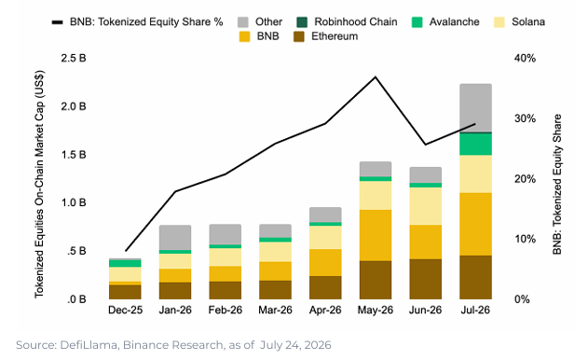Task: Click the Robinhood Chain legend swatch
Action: pyautogui.click(x=302, y=22)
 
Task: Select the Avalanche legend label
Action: pyautogui.click(x=455, y=22)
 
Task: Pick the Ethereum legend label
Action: pyautogui.click(x=335, y=36)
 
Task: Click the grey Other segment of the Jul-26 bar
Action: pyautogui.click(x=475, y=107)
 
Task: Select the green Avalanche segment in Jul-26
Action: pyautogui.click(x=475, y=144)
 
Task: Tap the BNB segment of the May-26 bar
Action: pyautogui.click(x=376, y=235)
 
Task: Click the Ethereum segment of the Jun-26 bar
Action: pyautogui.click(x=425, y=279)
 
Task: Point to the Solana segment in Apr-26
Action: pyautogui.click(x=325, y=237)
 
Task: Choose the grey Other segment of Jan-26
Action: pyautogui.click(x=175, y=238)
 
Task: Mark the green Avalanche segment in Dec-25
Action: pyautogui.click(x=125, y=263)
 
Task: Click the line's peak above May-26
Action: pyautogui.click(x=376, y=77)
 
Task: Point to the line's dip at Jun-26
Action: pyautogui.click(x=425, y=145)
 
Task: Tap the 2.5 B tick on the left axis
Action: pyautogui.click(x=74, y=58)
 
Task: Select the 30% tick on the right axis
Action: pyautogui.click(x=525, y=118)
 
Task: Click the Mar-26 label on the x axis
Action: pyautogui.click(x=275, y=310)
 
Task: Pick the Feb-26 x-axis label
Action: pyautogui.click(x=226, y=310)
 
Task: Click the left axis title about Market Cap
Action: pyautogui.click(x=39, y=184)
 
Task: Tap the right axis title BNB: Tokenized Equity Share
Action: pyautogui.click(x=557, y=185)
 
